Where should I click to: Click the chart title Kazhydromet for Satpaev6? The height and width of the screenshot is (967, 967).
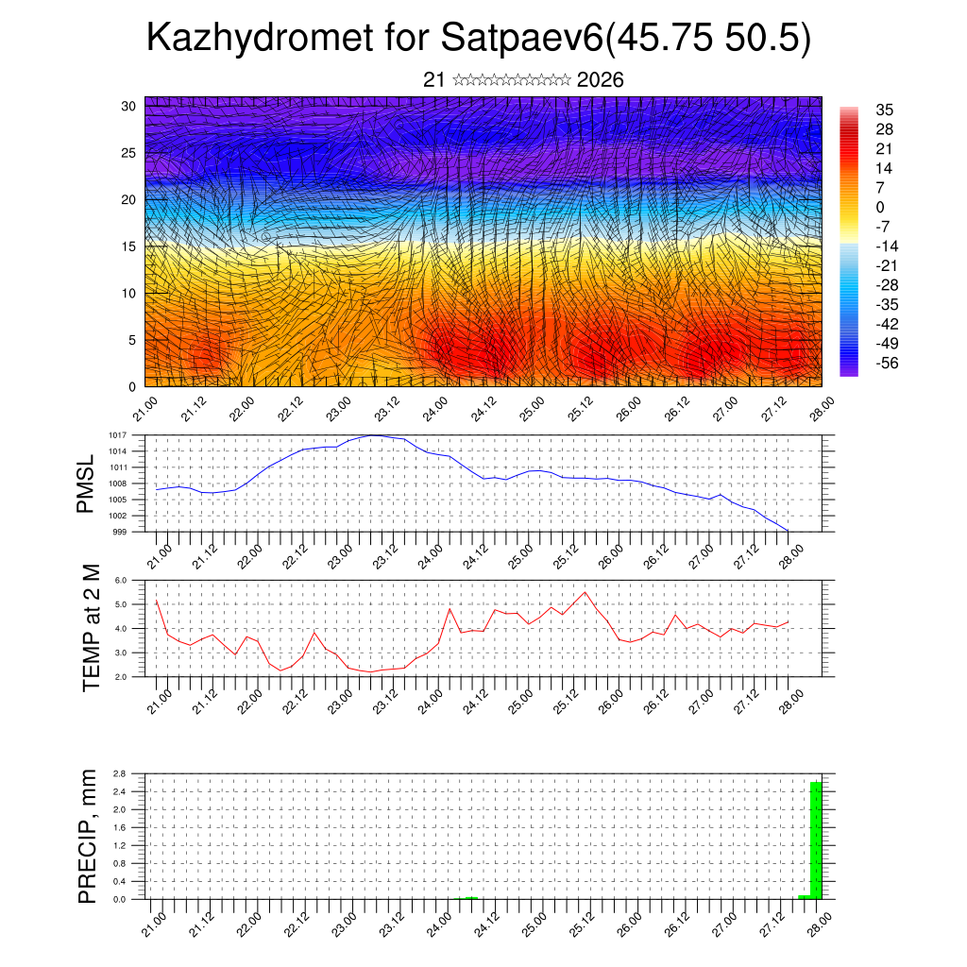[x=479, y=39]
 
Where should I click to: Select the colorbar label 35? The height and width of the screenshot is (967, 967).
[x=885, y=110]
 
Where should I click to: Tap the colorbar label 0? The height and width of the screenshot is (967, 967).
[x=880, y=207]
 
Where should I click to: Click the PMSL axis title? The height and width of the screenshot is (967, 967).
[x=86, y=483]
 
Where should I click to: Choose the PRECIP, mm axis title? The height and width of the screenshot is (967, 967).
[x=88, y=836]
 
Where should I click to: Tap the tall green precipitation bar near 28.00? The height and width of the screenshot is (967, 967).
[x=816, y=840]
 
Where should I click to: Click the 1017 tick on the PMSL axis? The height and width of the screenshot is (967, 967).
[x=117, y=435]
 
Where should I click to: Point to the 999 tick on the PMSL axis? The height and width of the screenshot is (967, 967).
[x=120, y=532]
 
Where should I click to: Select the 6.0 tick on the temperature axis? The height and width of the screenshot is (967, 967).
[x=121, y=581]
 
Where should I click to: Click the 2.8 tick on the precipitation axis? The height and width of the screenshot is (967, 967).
[x=120, y=773]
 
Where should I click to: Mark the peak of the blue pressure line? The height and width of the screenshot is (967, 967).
[x=375, y=435]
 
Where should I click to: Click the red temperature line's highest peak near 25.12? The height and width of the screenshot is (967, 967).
[x=585, y=592]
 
